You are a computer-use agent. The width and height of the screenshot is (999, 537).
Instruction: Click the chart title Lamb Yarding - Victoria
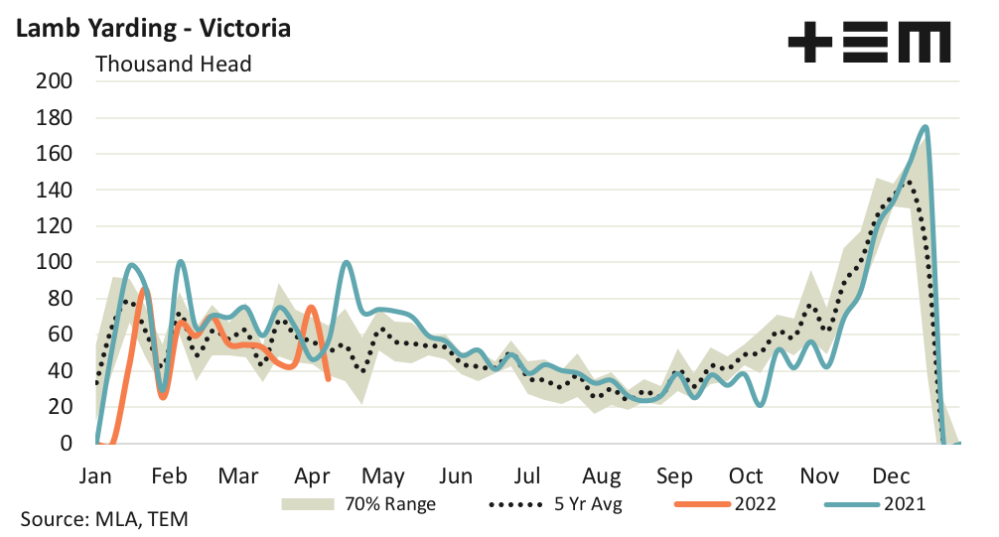tap(151, 28)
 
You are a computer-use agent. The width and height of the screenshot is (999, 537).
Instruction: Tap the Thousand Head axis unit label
tap(173, 65)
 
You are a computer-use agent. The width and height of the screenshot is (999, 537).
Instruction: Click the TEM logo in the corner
tap(869, 43)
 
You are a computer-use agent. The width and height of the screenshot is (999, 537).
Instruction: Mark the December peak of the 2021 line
tap(926, 127)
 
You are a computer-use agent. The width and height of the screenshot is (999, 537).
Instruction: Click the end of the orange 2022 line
tap(329, 378)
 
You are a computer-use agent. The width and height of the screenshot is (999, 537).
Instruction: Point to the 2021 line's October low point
tap(760, 405)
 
